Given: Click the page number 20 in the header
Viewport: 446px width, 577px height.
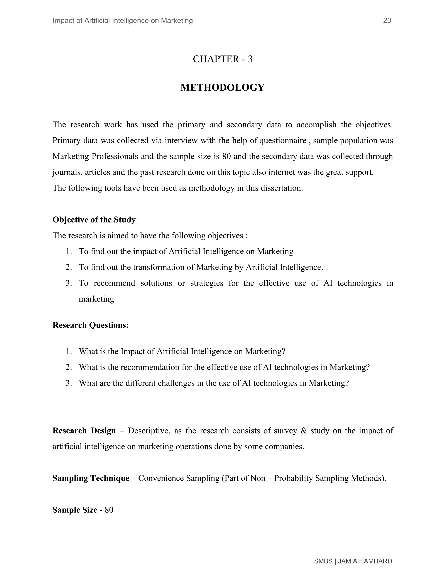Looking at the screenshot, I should click(387, 21).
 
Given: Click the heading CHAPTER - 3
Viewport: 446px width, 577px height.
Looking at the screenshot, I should click(223, 59).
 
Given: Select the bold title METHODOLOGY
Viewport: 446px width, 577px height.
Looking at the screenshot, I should click(223, 88).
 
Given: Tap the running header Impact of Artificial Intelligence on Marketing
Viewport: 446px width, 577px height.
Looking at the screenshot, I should click(123, 21).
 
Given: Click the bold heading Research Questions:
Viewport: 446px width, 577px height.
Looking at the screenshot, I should click(91, 325).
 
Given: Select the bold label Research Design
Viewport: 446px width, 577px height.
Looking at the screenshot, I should click(84, 431).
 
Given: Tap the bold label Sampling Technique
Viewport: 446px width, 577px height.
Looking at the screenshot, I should click(91, 478).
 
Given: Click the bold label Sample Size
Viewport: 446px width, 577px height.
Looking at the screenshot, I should click(75, 510).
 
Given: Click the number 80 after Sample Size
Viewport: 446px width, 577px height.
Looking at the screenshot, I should click(109, 510).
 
